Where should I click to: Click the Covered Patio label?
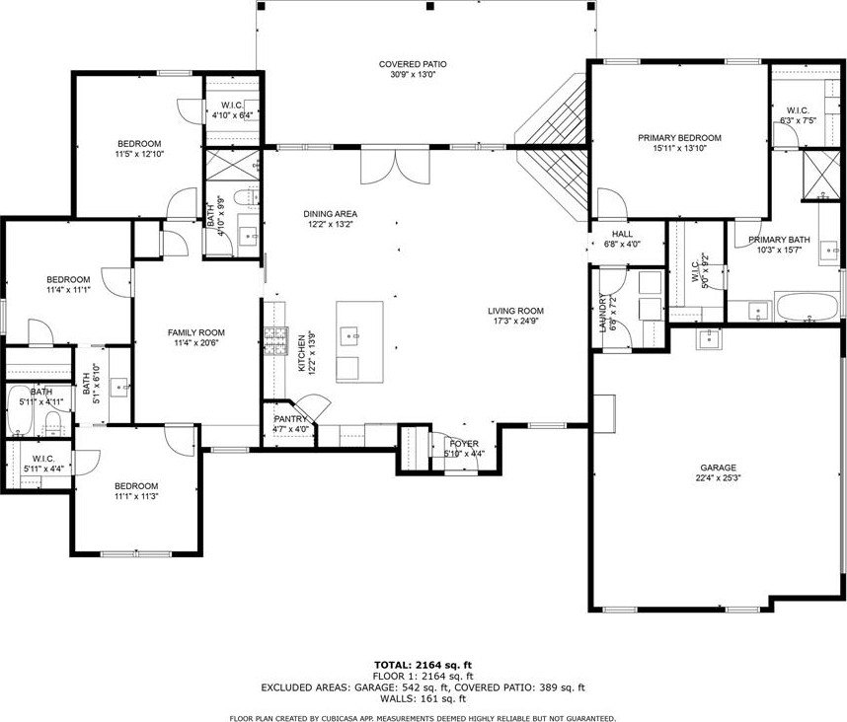tap(413, 70)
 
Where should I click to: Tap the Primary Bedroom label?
tap(679, 142)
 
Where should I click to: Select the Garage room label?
tap(718, 472)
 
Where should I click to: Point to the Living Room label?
tap(515, 316)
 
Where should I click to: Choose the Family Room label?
tap(196, 337)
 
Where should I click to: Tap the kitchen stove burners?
tap(275, 341)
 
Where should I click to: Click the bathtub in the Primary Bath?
tap(807, 307)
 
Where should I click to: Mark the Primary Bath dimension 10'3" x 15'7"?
tap(779, 250)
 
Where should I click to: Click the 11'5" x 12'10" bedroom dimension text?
tap(139, 153)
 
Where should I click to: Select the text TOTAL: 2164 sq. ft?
tap(423, 665)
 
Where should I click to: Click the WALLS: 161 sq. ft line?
tap(423, 698)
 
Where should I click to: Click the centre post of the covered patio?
tap(430, 7)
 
